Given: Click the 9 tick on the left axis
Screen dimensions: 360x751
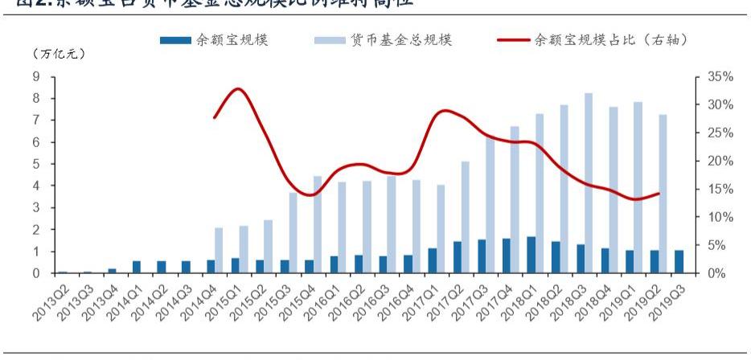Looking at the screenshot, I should (36, 76).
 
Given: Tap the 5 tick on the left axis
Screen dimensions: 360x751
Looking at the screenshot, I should (36, 164).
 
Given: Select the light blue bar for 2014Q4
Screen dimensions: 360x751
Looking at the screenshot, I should (219, 250).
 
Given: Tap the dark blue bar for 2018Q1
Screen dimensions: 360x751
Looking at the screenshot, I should (531, 255).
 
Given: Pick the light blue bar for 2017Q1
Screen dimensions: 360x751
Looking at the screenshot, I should (441, 229).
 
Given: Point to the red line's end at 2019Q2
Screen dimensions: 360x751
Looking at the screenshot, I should (659, 193).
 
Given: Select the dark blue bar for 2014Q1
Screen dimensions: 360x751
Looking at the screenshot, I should (137, 267).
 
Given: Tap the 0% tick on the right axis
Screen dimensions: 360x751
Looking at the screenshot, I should (716, 274).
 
